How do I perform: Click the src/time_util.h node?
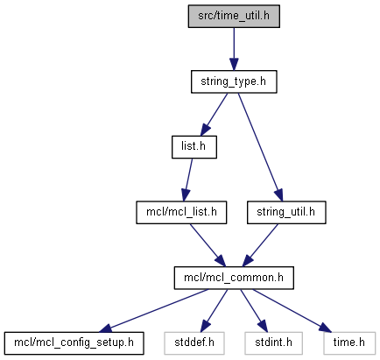click(234, 17)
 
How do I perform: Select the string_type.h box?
click(234, 81)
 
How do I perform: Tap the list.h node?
click(194, 147)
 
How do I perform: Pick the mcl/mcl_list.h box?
click(181, 213)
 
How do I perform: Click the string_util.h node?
click(286, 213)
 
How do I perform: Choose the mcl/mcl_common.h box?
click(234, 278)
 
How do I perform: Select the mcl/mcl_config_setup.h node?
click(74, 343)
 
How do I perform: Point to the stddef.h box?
click(194, 343)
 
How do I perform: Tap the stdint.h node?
click(273, 343)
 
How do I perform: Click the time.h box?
click(349, 343)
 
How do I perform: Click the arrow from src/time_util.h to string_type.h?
click(234, 49)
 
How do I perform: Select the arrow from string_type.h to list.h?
click(214, 115)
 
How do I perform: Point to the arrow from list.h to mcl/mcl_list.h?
click(187, 180)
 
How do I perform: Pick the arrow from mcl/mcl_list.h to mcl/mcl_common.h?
click(208, 245)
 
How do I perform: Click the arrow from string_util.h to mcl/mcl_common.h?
click(260, 245)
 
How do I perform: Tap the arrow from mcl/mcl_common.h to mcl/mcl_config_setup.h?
click(154, 311)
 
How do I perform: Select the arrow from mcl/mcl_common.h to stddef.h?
click(214, 311)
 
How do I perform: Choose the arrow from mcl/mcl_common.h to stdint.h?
click(254, 311)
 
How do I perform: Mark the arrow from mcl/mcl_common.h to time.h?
click(292, 311)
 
